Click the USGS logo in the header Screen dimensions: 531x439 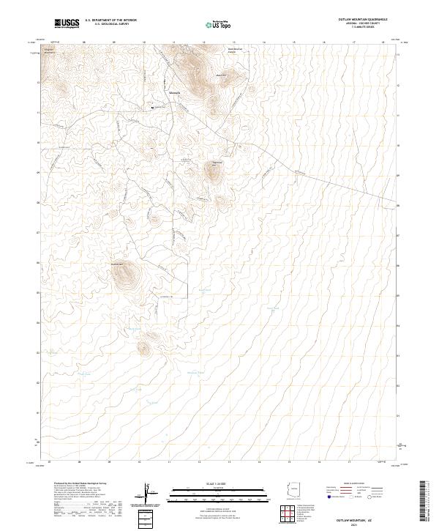[x=67, y=23]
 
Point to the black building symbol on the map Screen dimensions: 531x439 [x=153, y=108]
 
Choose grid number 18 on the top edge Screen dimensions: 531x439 [x=383, y=42]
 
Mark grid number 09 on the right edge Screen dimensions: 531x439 [x=397, y=176]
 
